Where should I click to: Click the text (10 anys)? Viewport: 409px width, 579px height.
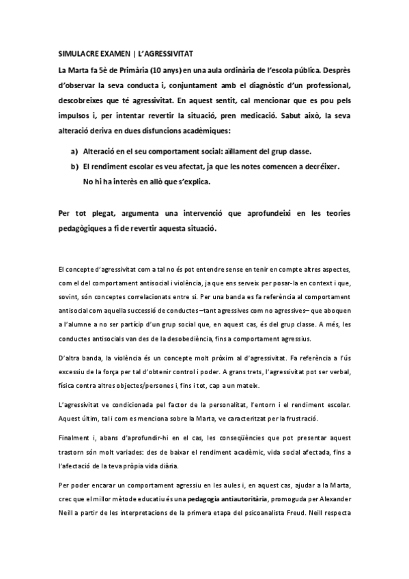click(x=154, y=69)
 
